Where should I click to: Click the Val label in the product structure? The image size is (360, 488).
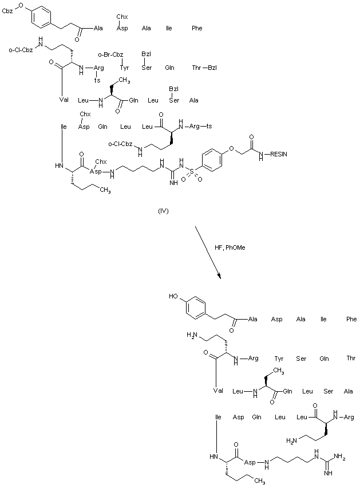tap(218, 391)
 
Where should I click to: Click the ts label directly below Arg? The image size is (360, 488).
tap(98, 80)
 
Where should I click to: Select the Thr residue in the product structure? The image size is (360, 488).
tap(351, 359)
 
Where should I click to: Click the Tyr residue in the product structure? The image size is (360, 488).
tap(279, 359)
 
